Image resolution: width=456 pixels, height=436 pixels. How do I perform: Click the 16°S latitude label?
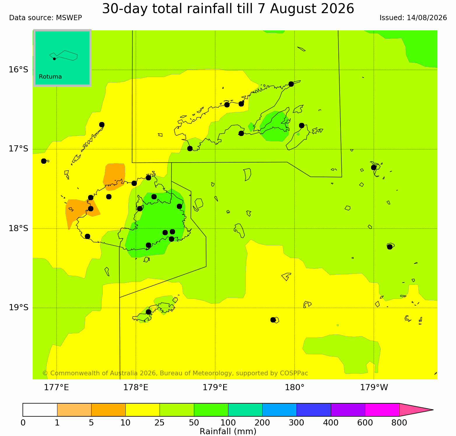(x=18, y=70)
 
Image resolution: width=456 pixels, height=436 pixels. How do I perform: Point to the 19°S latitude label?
(x=18, y=308)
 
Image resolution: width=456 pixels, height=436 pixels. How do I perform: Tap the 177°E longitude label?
(x=56, y=388)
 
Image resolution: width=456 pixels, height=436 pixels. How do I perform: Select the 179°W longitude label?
(x=374, y=388)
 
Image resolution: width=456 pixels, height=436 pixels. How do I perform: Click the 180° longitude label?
(x=294, y=388)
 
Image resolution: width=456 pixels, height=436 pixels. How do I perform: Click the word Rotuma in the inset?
(x=50, y=77)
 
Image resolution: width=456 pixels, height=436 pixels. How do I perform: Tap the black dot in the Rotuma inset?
(x=54, y=59)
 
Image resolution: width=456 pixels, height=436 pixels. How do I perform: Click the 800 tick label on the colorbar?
(x=399, y=423)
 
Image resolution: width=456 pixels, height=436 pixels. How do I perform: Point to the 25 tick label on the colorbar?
(x=160, y=423)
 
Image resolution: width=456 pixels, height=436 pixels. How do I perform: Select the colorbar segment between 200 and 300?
(x=279, y=410)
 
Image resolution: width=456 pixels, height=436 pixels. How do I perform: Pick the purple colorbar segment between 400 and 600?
(x=348, y=410)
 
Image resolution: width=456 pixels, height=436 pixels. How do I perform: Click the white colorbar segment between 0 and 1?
(x=40, y=410)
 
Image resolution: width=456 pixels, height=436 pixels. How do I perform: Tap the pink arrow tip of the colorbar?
(x=433, y=410)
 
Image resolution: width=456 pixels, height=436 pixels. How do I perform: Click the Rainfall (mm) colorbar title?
(x=228, y=431)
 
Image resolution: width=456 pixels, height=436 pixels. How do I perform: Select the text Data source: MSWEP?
(x=46, y=18)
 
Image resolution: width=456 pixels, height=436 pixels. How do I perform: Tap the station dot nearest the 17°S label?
(x=44, y=161)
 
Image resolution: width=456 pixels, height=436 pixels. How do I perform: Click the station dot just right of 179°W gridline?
(x=374, y=168)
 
